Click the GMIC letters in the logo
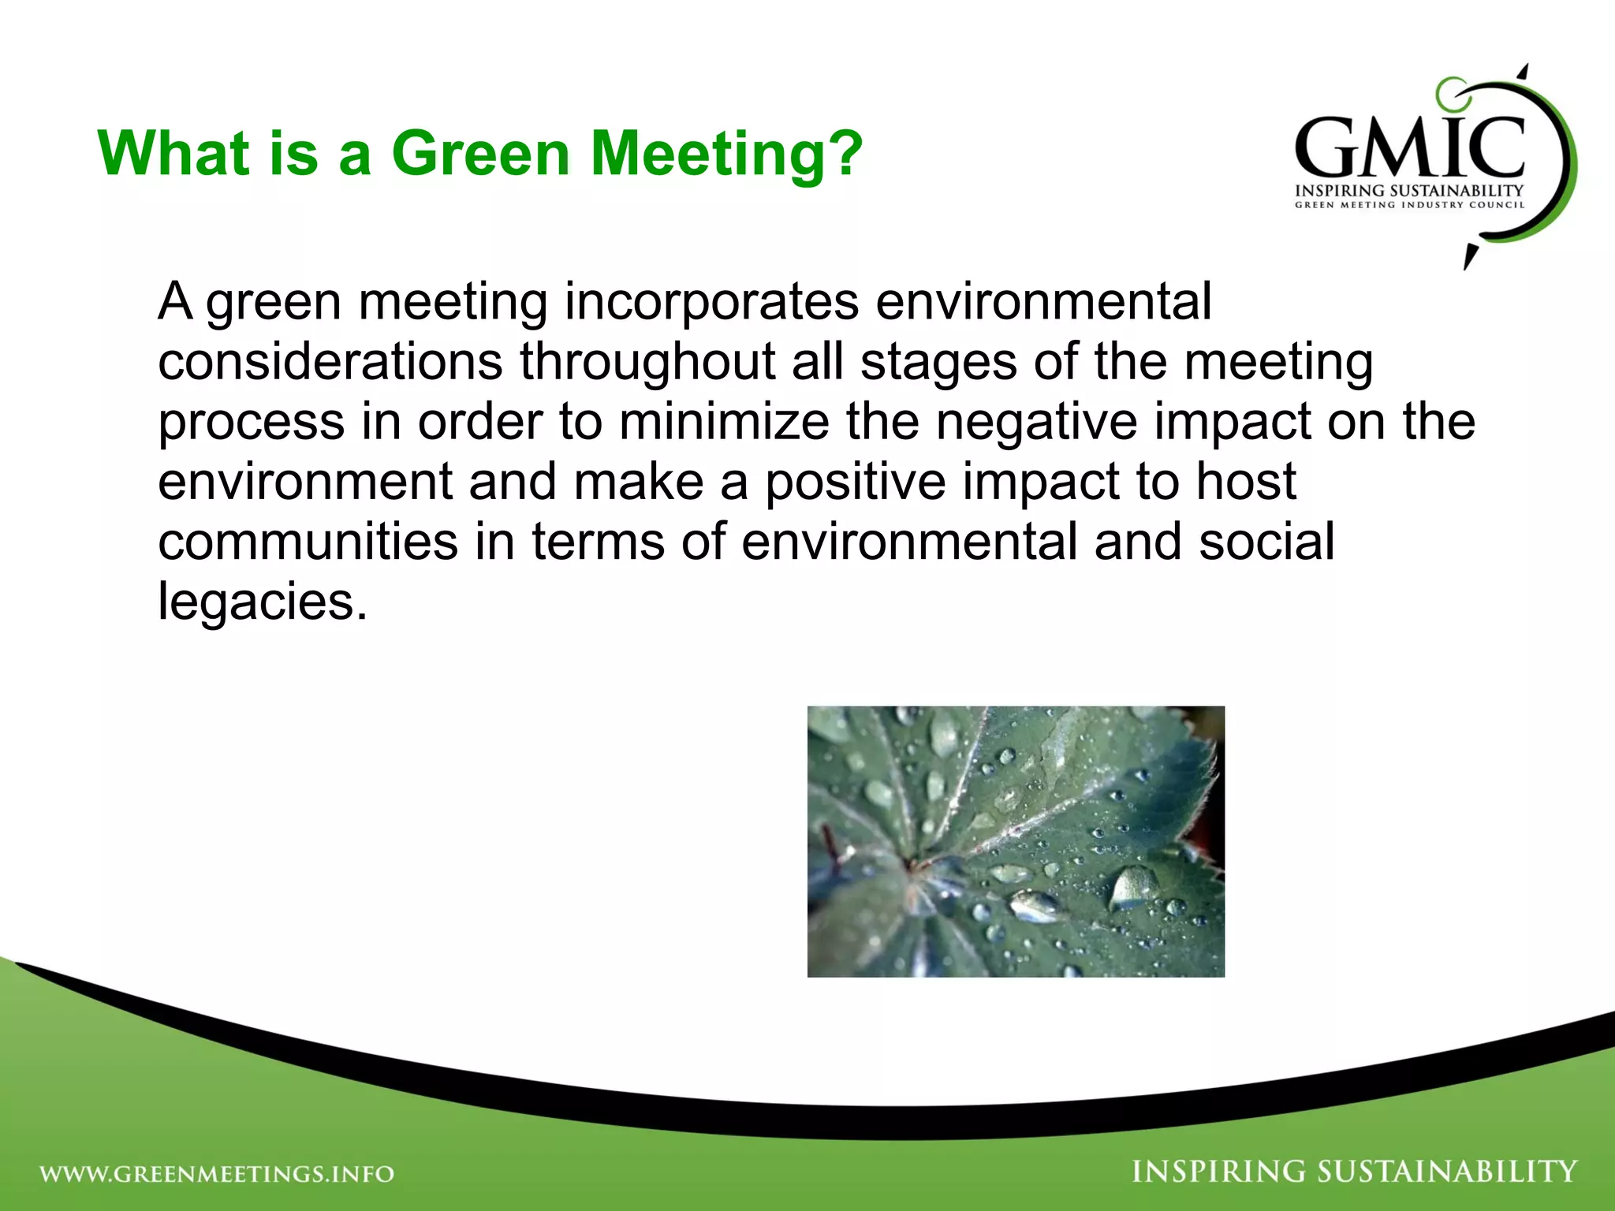coord(1409,147)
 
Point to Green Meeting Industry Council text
coord(1409,205)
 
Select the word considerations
coord(330,362)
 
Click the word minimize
coord(723,422)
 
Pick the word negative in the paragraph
coord(1036,422)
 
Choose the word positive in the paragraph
coord(855,482)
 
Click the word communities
coord(308,542)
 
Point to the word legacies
coord(262,603)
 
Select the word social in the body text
coord(1266,542)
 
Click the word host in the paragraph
coord(1246,482)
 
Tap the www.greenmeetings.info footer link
coord(217,1174)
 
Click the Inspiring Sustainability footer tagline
coord(1354,1172)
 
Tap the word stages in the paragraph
coord(938,362)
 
